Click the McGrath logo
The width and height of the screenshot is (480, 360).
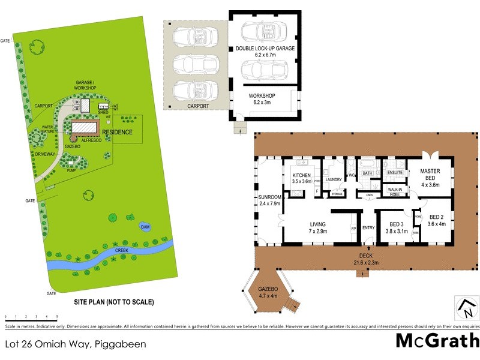point(437,341)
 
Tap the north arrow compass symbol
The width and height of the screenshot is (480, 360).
point(465,308)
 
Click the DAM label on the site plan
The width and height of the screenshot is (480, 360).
point(145,227)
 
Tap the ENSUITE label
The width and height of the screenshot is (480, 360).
point(394,173)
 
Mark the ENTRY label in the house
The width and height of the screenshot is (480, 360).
point(368,227)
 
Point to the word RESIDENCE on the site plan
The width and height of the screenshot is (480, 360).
point(117,132)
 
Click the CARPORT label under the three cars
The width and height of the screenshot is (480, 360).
point(197,106)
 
